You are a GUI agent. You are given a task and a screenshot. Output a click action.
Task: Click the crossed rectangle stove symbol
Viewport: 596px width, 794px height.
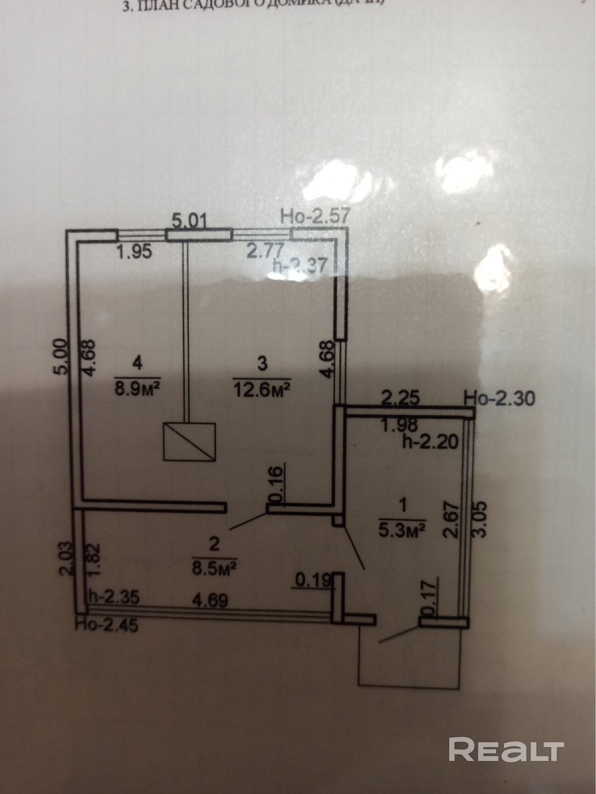(x=190, y=441)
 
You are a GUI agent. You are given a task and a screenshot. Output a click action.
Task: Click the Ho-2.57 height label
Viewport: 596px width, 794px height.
(x=315, y=217)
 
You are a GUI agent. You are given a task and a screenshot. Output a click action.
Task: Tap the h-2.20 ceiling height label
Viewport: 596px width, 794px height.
(x=430, y=441)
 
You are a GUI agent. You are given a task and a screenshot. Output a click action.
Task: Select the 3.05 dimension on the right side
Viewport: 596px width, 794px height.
(x=479, y=520)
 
